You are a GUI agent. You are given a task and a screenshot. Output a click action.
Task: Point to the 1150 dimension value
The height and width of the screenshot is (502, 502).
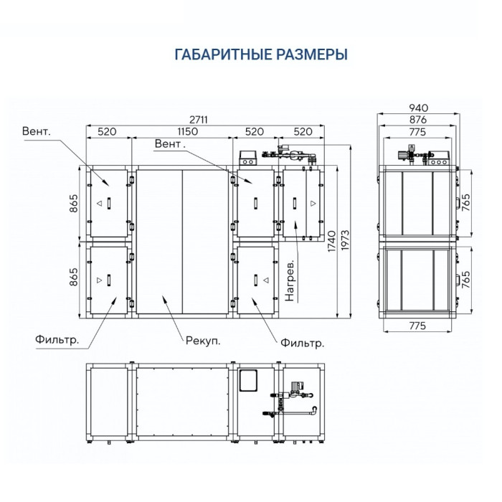181,133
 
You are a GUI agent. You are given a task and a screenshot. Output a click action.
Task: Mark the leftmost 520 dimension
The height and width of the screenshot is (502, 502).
107,133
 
